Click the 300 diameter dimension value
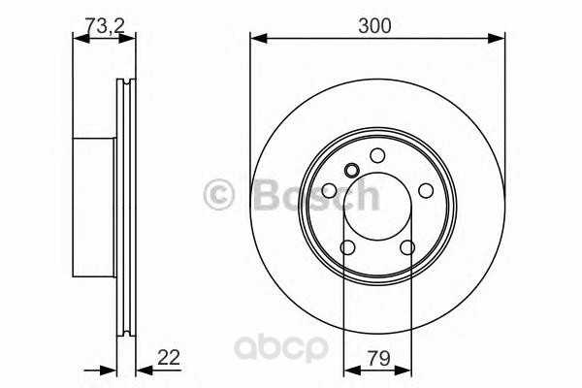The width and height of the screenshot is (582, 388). click(374, 26)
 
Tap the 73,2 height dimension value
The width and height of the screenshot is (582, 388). click(105, 25)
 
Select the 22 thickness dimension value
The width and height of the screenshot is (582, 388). click(169, 357)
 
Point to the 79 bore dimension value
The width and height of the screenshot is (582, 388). click(379, 358)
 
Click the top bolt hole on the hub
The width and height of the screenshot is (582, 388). click(377, 155)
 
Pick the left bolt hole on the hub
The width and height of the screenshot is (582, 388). click(329, 191)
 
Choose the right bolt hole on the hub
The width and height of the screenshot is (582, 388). click(426, 191)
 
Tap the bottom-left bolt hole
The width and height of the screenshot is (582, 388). click(348, 247)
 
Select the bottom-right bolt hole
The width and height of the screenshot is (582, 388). click(407, 247)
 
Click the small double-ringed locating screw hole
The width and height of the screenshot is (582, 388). click(351, 171)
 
